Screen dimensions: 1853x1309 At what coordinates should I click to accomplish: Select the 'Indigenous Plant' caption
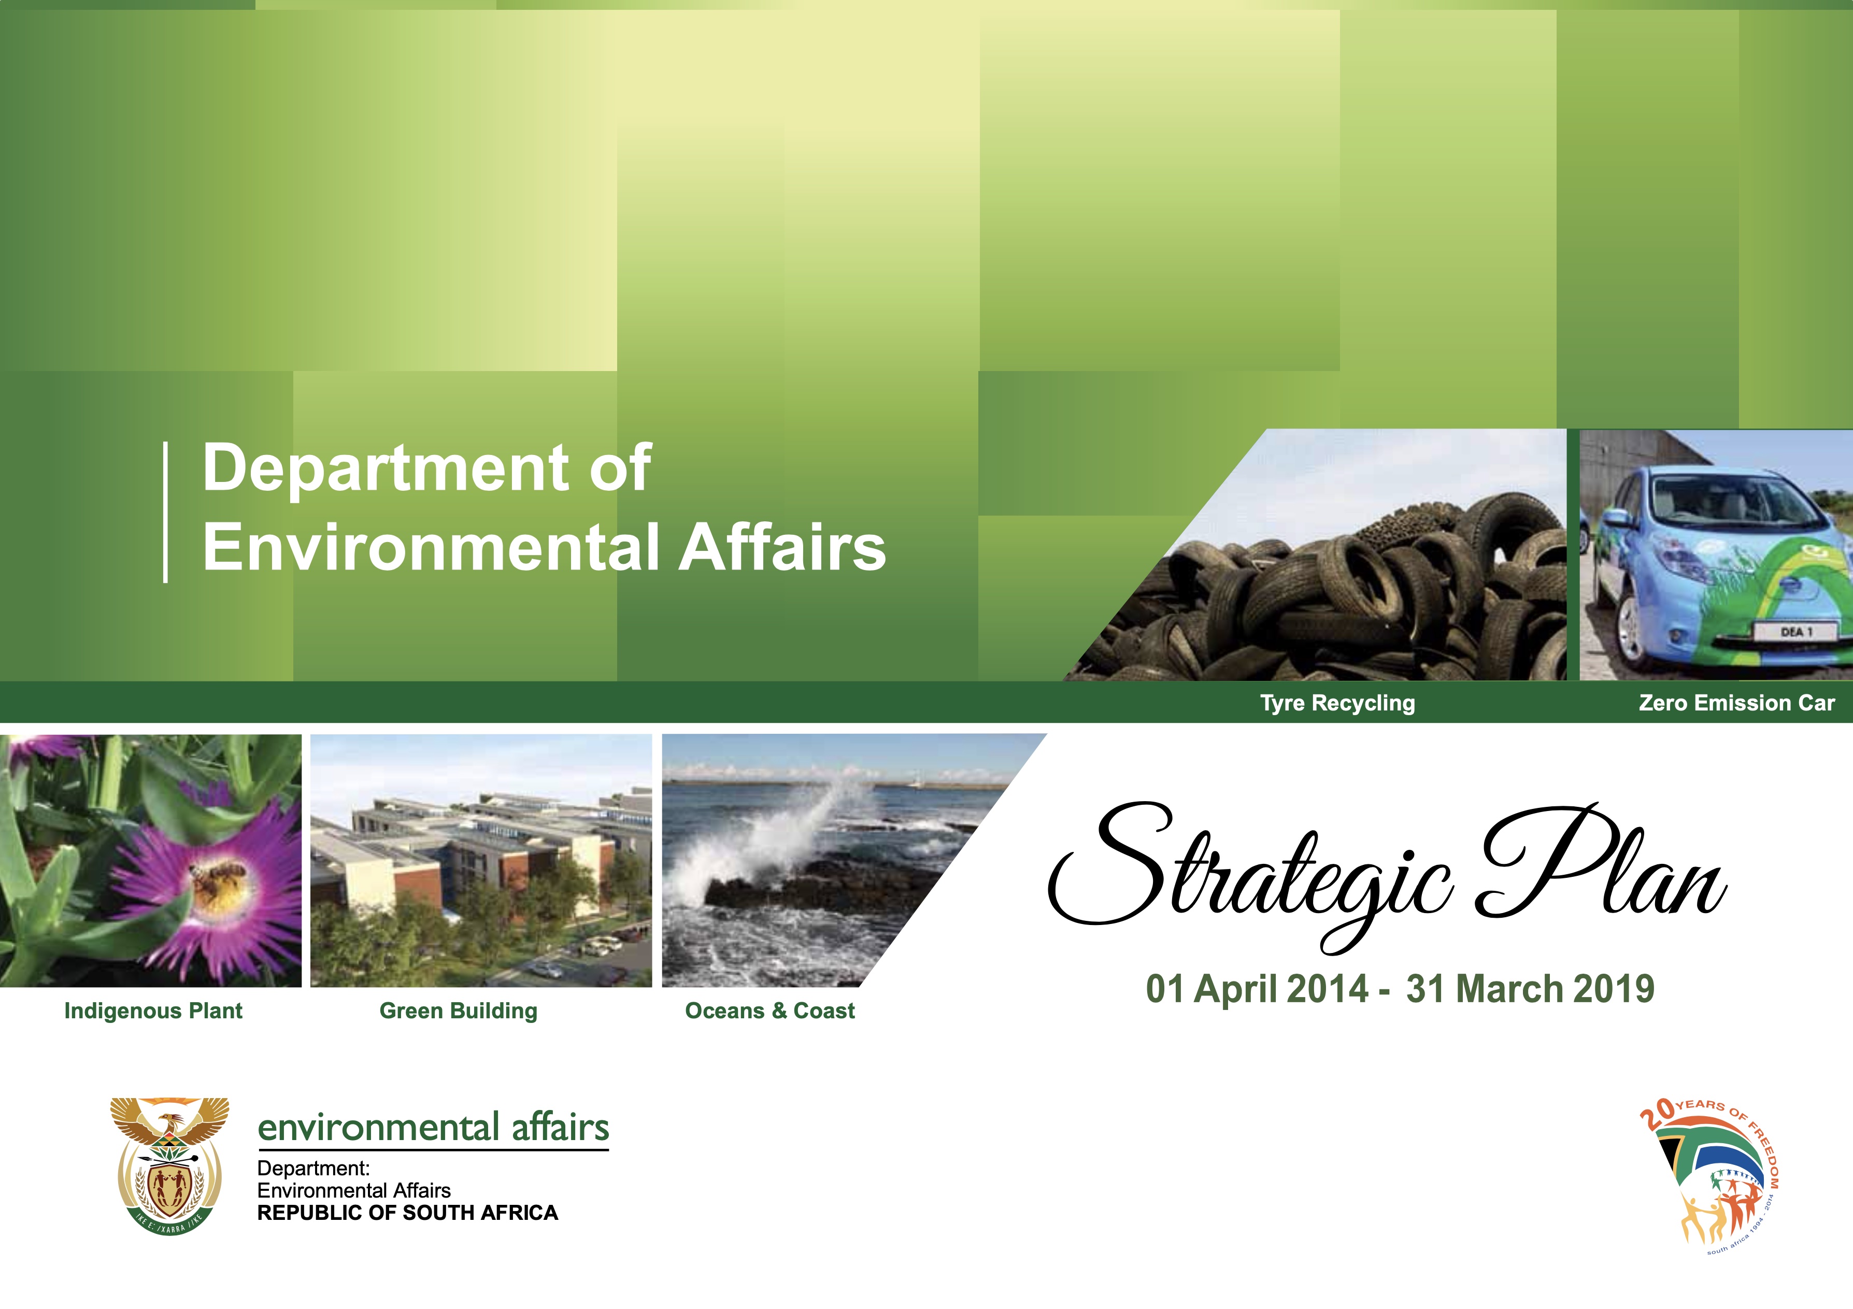tap(153, 1011)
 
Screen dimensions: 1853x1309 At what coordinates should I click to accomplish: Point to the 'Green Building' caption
tap(459, 1011)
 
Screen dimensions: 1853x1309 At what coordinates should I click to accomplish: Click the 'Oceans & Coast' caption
tap(770, 1011)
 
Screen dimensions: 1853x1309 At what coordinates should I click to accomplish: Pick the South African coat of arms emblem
tap(169, 1164)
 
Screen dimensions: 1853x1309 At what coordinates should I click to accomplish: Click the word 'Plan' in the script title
tap(1602, 863)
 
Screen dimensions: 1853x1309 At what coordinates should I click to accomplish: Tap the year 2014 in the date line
tap(1328, 989)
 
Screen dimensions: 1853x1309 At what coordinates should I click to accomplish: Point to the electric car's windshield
tap(1727, 501)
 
